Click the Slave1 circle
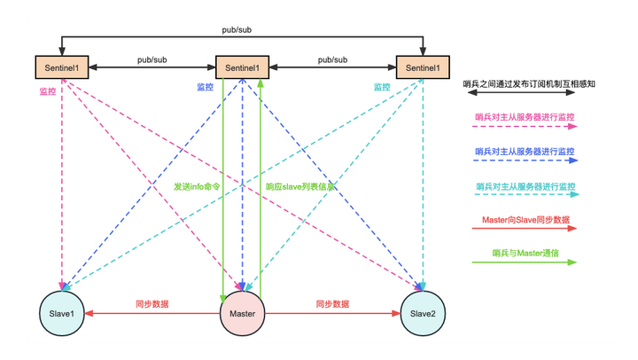click(61, 314)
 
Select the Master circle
click(242, 314)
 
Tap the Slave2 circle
click(422, 314)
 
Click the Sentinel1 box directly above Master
click(242, 67)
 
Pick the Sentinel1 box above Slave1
click(61, 67)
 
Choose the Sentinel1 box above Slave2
click(423, 67)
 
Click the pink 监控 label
click(49, 90)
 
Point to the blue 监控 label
click(205, 87)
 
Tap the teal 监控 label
click(381, 87)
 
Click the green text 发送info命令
click(197, 187)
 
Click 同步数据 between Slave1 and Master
click(152, 304)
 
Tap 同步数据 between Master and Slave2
click(332, 304)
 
